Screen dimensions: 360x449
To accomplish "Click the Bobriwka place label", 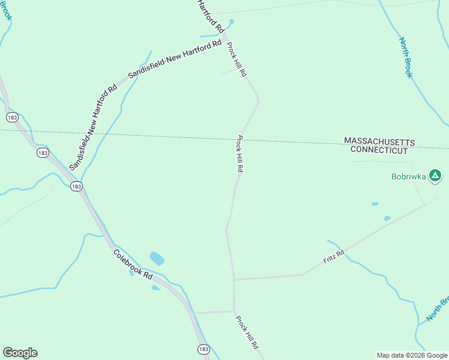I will [408, 176].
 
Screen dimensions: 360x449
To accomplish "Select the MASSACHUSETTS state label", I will [379, 140].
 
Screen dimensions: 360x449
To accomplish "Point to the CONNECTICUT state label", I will [379, 150].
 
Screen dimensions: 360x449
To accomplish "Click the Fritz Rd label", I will [334, 255].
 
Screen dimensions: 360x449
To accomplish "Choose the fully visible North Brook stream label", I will [406, 58].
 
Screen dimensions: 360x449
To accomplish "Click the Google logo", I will [20, 353].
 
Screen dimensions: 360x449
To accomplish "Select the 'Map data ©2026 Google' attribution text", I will [412, 355].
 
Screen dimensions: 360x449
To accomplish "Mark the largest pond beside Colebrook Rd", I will [157, 259].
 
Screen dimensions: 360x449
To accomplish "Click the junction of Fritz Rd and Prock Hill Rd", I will [234, 280].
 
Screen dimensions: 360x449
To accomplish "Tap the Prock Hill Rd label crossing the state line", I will [240, 154].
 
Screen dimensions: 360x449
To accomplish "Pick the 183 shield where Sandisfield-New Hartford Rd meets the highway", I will [76, 187].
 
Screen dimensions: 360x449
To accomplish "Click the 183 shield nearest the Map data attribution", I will [203, 349].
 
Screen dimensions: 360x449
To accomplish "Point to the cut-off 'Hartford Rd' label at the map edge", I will [211, 16].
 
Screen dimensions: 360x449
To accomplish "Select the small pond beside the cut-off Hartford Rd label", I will [231, 22].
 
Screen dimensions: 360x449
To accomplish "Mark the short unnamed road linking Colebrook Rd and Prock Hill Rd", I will [214, 312].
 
